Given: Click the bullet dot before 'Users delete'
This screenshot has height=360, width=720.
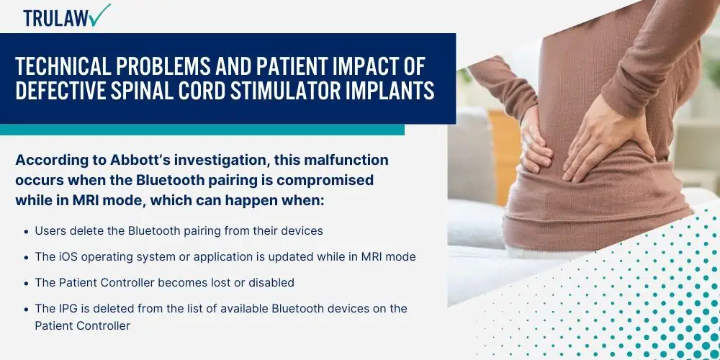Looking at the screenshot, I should pyautogui.click(x=27, y=232).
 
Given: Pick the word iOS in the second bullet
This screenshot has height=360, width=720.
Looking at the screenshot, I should pyautogui.click(x=68, y=257).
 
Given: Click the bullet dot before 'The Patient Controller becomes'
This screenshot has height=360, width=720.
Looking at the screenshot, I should pyautogui.click(x=27, y=283).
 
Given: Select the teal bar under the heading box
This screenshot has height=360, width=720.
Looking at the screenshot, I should pyautogui.click(x=202, y=130).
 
